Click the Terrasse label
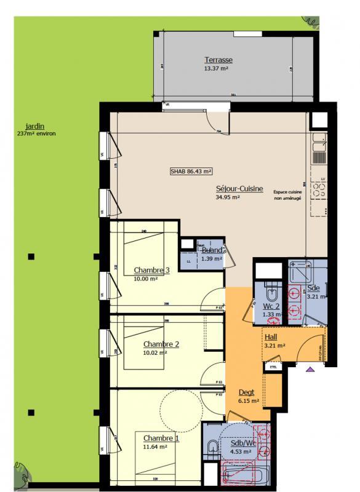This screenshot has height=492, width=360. (218, 60)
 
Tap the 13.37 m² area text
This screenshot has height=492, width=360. (217, 68)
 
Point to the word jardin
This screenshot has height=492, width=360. (26, 127)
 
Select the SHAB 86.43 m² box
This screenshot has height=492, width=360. (191, 172)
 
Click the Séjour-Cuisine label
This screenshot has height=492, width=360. (223, 189)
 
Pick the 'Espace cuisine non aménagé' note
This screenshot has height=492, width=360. (288, 195)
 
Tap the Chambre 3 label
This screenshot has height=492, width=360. (151, 270)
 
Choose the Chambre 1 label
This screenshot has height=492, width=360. (161, 437)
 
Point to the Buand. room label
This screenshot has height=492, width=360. (212, 250)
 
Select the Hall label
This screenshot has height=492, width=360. (271, 338)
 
